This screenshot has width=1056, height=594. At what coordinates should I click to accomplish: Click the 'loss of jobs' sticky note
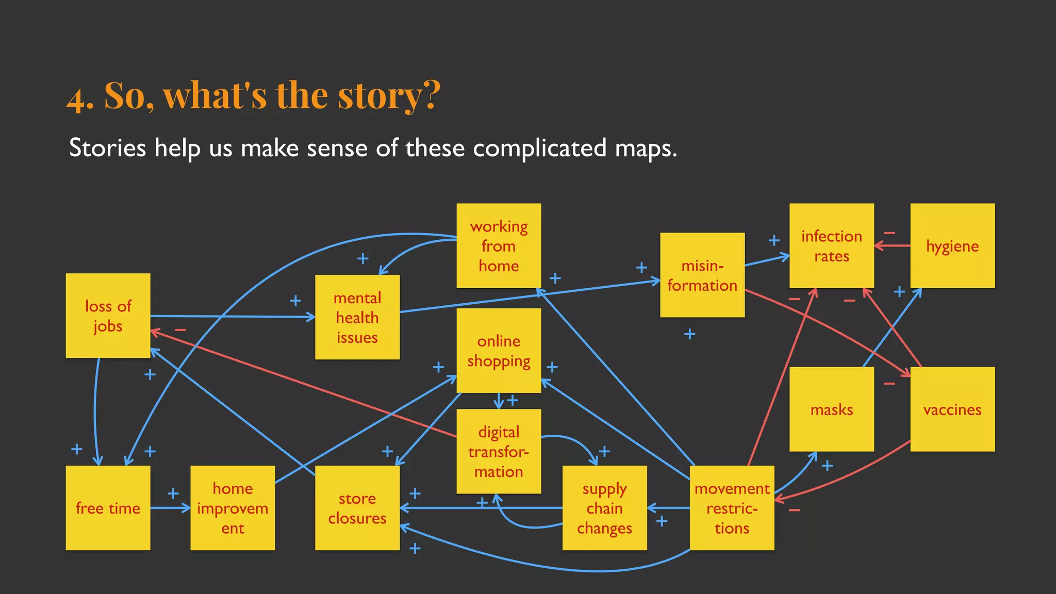pos(108,316)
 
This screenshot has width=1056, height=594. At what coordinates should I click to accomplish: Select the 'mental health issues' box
pos(357,317)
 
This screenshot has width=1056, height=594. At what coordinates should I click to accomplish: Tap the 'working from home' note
pos(499,245)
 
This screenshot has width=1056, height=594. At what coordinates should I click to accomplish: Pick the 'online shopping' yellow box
pos(499,351)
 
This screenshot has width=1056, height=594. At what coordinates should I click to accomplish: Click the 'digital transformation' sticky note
pos(499,451)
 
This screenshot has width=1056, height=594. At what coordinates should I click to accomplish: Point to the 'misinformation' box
pos(702,275)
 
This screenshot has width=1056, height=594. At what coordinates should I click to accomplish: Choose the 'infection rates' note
pos(831,245)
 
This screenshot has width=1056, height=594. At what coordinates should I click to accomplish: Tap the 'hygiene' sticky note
pos(952,245)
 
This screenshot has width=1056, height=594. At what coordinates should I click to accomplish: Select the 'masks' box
pos(831,409)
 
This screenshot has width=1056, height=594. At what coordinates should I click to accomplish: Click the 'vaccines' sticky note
pos(952,409)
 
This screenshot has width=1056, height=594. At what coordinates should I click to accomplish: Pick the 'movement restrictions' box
pos(732,508)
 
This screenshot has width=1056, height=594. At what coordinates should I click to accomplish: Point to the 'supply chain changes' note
pos(604,508)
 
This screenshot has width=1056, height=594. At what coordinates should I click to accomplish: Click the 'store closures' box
pos(357,508)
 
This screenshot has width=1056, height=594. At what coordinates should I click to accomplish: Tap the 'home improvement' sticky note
pos(233,508)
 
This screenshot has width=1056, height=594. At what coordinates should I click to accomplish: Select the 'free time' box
pos(108,508)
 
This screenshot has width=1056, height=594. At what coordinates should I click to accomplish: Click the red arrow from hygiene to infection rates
pos(892,246)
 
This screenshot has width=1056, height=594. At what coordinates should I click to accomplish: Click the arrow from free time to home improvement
pos(170,508)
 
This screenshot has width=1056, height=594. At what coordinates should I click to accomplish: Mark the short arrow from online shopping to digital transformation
pos(499,401)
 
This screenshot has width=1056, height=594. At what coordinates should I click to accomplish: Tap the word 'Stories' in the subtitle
pos(107,148)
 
